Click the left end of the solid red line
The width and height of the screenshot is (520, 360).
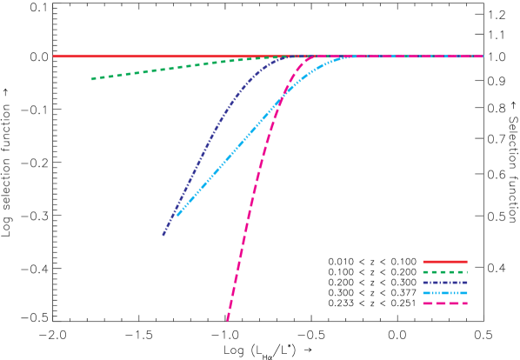point(55,56)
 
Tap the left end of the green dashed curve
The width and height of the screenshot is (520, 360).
point(92,78)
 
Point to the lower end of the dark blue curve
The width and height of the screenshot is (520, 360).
point(163,234)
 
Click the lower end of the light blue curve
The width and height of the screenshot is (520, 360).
point(177,215)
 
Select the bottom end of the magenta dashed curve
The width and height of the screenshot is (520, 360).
point(228,320)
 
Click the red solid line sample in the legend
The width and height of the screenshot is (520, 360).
point(444,262)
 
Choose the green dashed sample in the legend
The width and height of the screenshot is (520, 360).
point(444,272)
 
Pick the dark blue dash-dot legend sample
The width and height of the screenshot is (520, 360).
point(444,283)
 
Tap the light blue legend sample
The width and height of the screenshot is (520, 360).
point(444,293)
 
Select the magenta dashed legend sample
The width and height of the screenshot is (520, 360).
point(444,303)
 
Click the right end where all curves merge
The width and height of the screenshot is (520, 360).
point(481,56)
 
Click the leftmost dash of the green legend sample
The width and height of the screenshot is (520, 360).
point(426,272)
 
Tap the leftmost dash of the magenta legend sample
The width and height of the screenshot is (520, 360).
point(427,303)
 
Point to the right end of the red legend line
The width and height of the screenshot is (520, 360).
point(466,262)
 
